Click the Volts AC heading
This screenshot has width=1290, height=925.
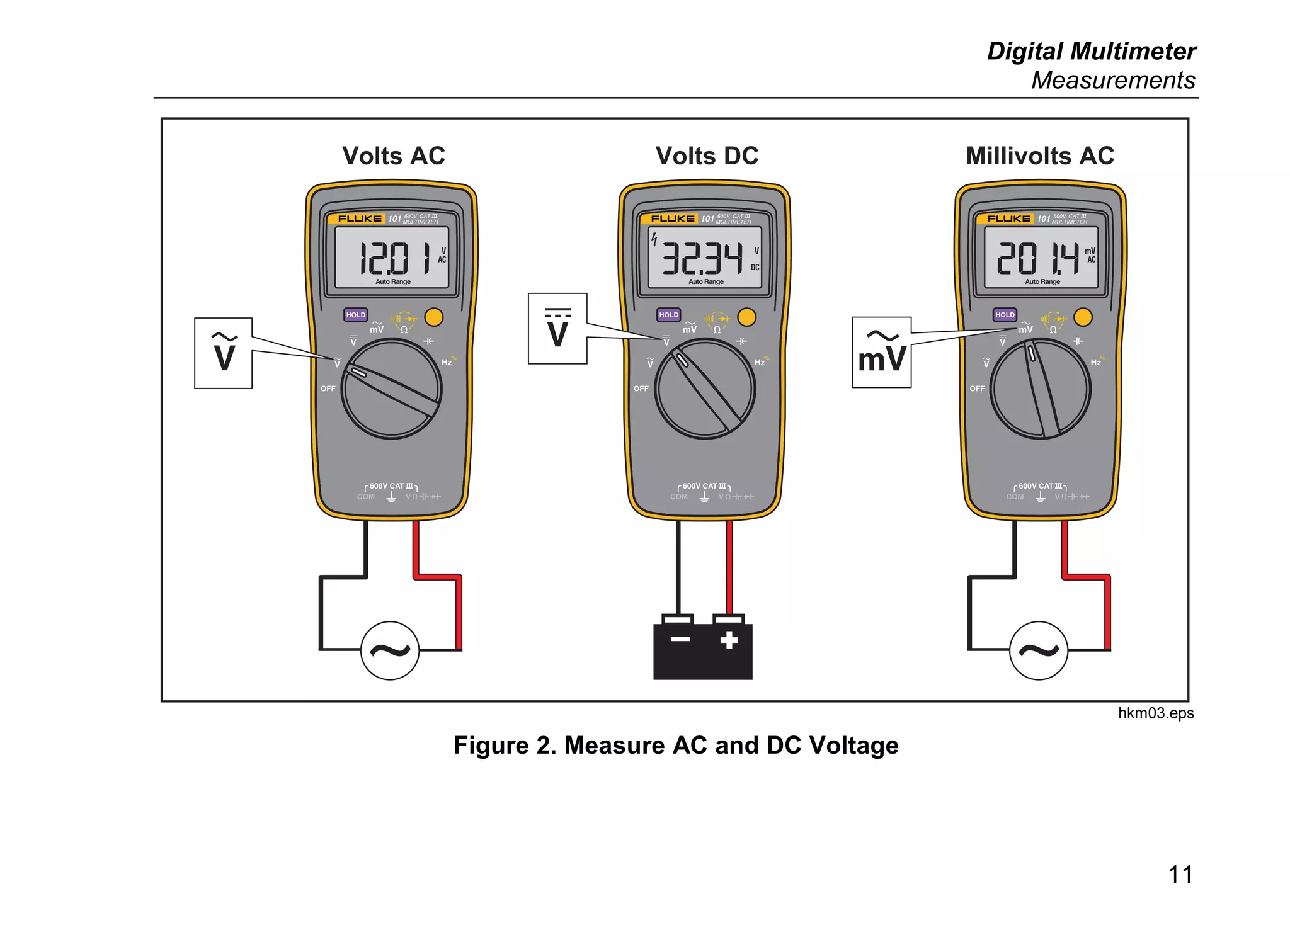[x=393, y=156]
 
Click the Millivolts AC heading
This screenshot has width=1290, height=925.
[x=1040, y=156]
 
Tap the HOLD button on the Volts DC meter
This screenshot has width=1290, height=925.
[x=668, y=315]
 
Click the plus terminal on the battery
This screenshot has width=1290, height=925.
[x=729, y=640]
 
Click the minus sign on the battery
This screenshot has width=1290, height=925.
[x=680, y=640]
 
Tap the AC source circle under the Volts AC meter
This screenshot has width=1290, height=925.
[x=390, y=650]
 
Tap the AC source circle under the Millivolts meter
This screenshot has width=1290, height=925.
[x=1039, y=650]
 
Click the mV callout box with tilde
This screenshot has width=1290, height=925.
[x=881, y=352]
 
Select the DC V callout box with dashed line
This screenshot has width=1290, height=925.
[x=557, y=328]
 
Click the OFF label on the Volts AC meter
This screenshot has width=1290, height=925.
[x=328, y=389]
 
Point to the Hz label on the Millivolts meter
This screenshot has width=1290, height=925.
[x=1095, y=363]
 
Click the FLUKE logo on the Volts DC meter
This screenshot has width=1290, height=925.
[x=673, y=218]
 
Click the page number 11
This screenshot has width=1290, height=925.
[x=1180, y=874]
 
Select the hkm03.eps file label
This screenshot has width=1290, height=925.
[x=1155, y=713]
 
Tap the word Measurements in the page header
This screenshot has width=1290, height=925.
[x=1112, y=80]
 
